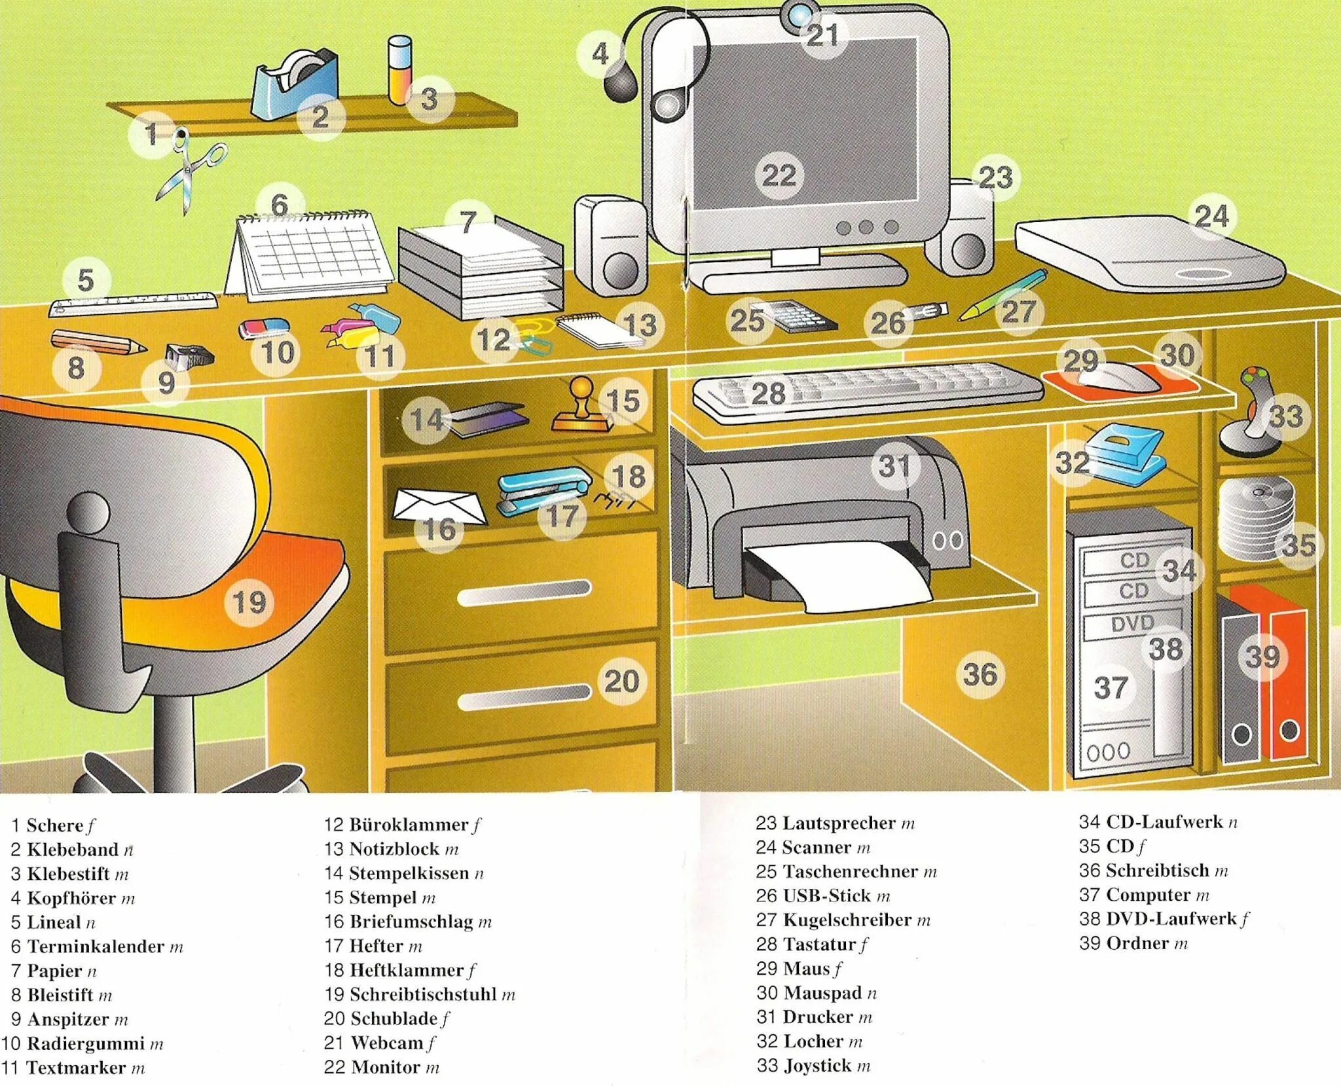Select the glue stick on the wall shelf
pyautogui.click(x=399, y=71)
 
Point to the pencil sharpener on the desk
pyautogui.click(x=189, y=356)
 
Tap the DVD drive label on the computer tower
pyautogui.click(x=1132, y=624)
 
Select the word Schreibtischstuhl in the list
pyautogui.click(x=423, y=994)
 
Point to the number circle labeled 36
pyautogui.click(x=980, y=674)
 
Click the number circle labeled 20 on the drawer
pyautogui.click(x=621, y=681)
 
